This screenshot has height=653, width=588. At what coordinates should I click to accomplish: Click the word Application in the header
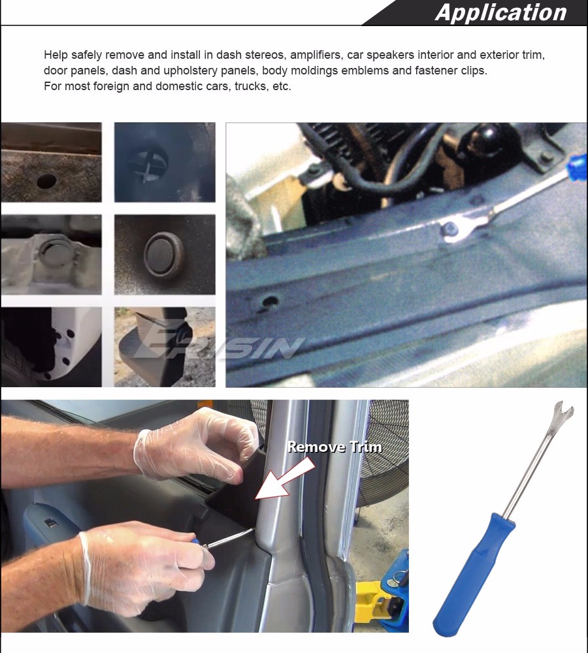[x=500, y=12]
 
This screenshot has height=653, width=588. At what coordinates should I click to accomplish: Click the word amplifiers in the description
[x=316, y=55]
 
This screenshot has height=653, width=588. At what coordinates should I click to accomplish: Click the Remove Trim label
[x=335, y=447]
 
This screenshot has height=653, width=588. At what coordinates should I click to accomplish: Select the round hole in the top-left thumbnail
[x=46, y=181]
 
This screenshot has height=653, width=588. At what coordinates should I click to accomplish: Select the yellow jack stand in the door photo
[x=374, y=604]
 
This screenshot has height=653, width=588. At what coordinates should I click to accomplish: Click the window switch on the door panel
[x=50, y=524]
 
